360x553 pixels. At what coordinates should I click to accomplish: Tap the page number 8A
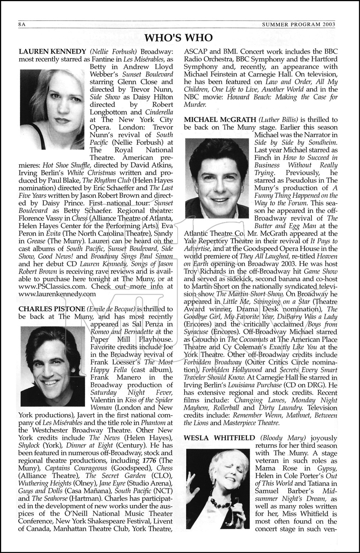[x=24, y=24]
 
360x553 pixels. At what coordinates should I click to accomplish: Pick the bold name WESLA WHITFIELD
[x=219, y=438]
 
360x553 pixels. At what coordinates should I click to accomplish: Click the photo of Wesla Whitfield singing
[x=218, y=488]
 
